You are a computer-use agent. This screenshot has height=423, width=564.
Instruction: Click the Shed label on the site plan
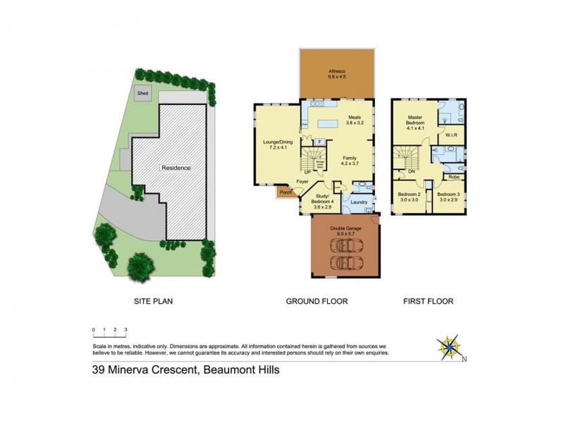point(143,93)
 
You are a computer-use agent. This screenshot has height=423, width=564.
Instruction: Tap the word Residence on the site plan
point(176,168)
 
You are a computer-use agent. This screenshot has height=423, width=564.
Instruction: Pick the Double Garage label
point(345,231)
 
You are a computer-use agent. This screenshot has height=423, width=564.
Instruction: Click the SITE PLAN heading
point(154,301)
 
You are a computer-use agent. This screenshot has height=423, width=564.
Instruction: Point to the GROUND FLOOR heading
point(317,301)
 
